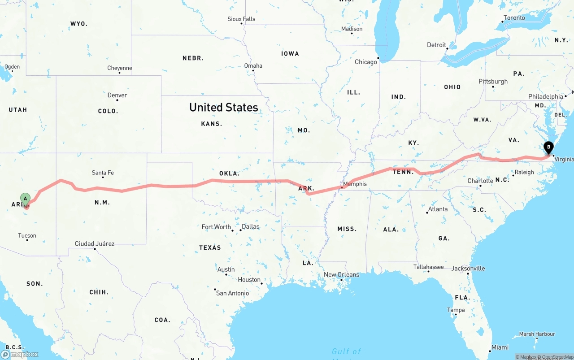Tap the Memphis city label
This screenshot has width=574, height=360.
[355, 184]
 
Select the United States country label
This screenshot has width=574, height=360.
[223, 107]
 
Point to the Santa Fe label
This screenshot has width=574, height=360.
[103, 173]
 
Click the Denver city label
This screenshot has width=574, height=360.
[117, 95]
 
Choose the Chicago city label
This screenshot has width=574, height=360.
[366, 62]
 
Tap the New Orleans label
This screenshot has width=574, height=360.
[341, 274]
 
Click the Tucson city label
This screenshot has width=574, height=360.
[27, 235]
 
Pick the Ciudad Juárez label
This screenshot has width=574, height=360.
[95, 244]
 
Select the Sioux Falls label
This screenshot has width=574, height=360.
[241, 19]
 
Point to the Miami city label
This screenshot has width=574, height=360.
[500, 347]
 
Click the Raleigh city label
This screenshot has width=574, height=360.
[524, 172]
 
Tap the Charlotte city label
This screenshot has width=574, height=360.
[480, 181]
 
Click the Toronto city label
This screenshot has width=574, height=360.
[514, 18]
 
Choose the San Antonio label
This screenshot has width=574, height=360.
[232, 293]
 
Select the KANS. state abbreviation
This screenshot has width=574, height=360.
[212, 124]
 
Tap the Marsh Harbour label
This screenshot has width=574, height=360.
[537, 334]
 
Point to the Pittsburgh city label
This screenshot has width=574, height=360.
[493, 82]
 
